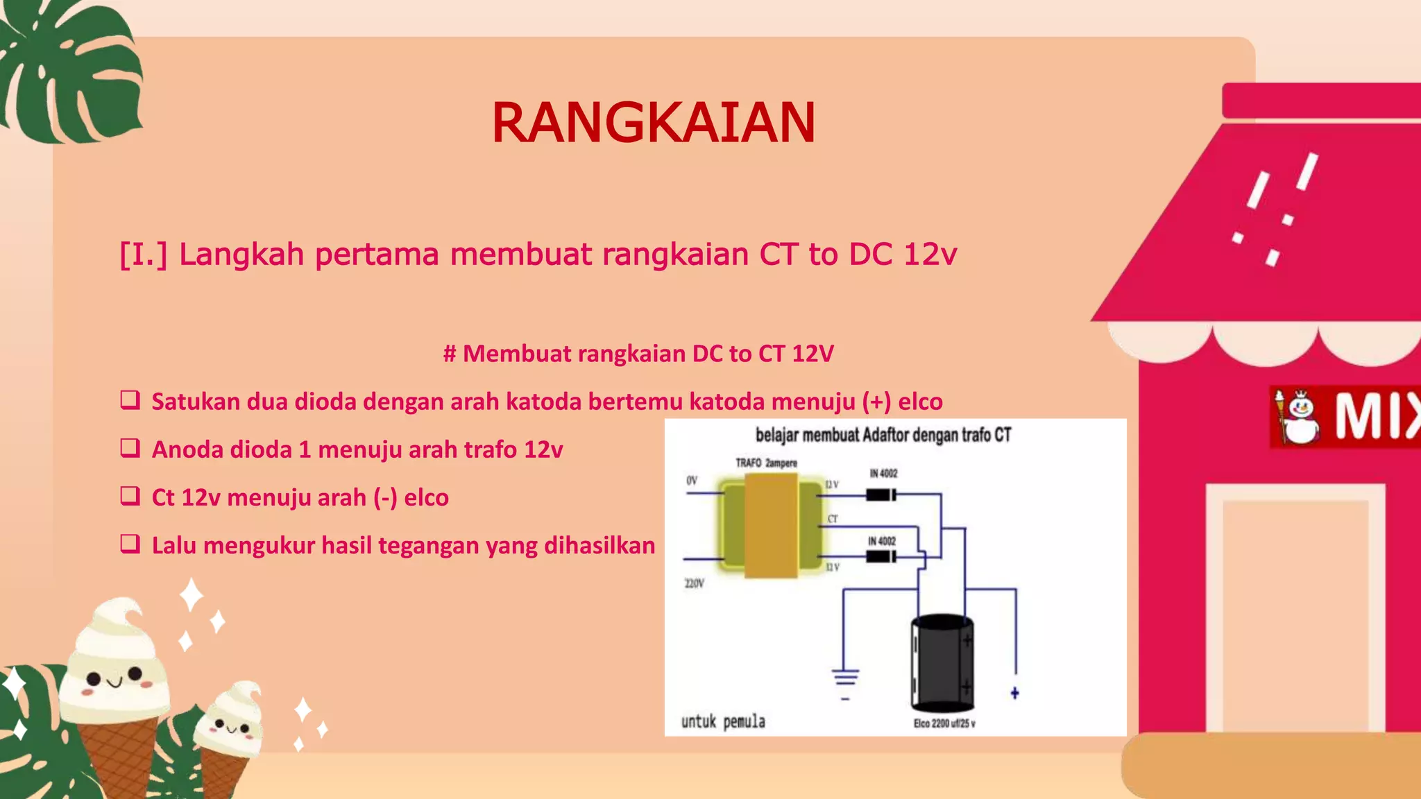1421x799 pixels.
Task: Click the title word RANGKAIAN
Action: [653, 123]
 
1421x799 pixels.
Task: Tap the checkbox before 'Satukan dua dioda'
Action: [130, 400]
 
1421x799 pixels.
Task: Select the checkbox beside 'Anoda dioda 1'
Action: [130, 448]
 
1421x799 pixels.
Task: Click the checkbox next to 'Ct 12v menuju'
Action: [130, 496]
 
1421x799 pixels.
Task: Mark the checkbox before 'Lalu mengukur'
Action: [130, 544]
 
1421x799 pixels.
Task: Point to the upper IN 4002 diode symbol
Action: [880, 495]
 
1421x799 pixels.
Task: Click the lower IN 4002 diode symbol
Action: [880, 556]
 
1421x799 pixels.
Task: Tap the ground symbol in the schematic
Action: [845, 678]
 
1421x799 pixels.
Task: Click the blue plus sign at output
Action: [1014, 693]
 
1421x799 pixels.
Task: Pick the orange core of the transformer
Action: [770, 526]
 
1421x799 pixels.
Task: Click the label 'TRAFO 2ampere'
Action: [766, 463]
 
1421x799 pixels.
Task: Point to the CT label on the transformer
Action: [832, 519]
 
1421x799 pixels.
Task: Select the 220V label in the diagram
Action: [694, 583]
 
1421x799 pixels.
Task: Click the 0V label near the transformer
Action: [692, 481]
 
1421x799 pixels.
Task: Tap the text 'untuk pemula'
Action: [723, 722]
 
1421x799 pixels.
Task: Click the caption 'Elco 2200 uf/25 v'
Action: [944, 723]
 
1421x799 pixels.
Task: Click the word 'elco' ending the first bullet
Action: [920, 402]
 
